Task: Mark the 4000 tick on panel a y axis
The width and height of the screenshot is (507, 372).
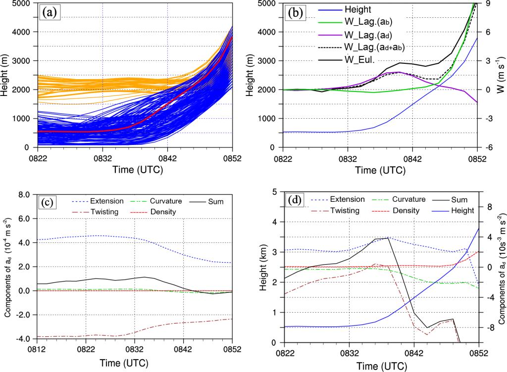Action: [x=21, y=32]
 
